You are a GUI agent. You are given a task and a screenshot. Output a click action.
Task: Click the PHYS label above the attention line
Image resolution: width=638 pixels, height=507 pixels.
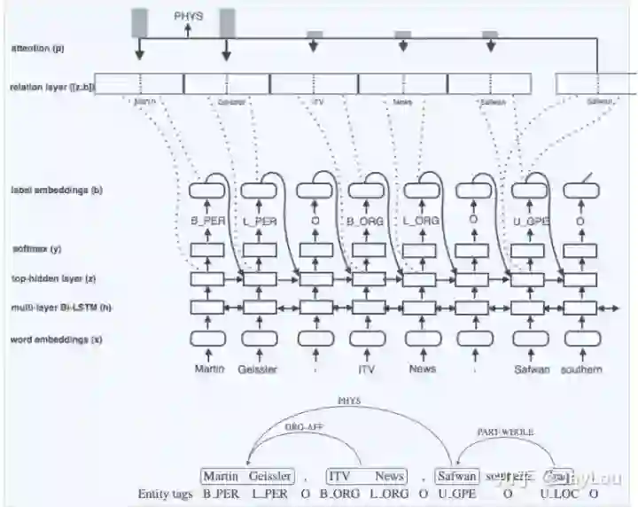188,16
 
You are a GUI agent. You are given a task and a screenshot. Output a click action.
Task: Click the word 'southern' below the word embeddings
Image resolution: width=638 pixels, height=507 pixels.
581,369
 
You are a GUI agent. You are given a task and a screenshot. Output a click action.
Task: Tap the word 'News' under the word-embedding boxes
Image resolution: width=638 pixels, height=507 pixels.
423,369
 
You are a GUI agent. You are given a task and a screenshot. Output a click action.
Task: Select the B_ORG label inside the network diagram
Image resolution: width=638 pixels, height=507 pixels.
366,221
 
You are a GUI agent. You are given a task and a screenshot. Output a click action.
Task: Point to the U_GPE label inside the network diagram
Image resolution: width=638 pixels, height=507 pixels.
528,221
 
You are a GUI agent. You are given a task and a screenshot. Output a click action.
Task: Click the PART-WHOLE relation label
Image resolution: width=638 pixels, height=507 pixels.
507,432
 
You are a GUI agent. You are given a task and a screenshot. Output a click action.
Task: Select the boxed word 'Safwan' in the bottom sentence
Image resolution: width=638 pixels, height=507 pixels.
457,476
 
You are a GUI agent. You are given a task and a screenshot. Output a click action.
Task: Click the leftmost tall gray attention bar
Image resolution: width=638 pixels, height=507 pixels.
139,24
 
